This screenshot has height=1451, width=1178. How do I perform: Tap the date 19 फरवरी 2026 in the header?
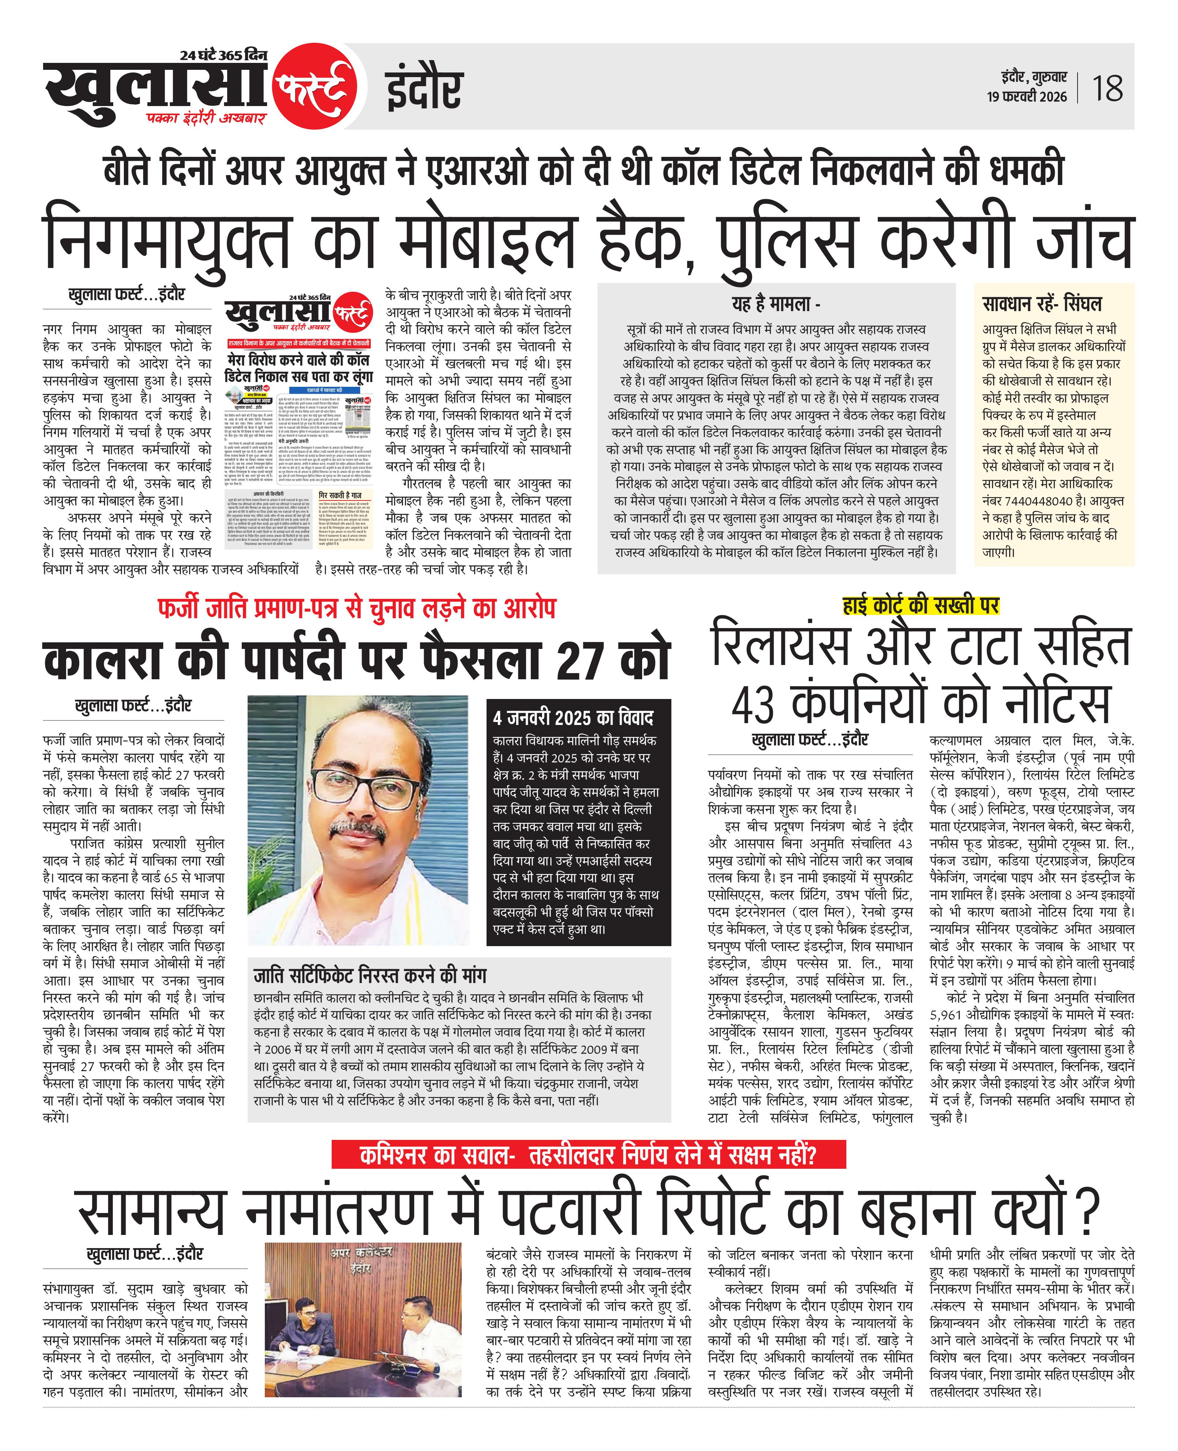click(x=1027, y=97)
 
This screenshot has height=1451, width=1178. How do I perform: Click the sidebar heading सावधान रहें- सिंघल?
click(x=1042, y=303)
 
